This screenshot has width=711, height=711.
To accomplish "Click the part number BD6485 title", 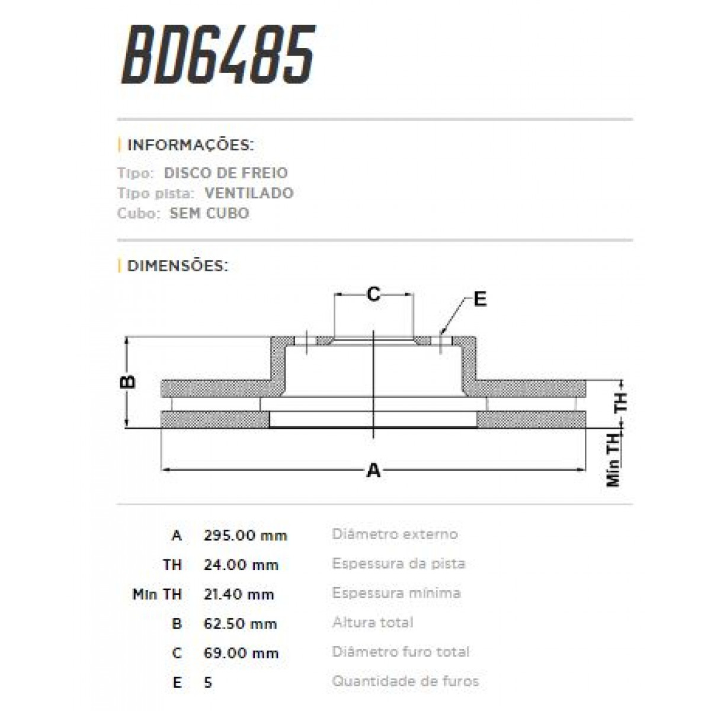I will (x=217, y=55).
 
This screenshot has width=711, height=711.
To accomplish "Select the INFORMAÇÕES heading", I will (x=190, y=145).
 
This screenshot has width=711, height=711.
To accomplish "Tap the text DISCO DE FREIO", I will (x=225, y=173).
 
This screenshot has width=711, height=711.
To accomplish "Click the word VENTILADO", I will (x=249, y=193).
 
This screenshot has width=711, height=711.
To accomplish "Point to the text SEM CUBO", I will (x=209, y=213).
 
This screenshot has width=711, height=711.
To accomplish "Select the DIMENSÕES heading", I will (x=177, y=265).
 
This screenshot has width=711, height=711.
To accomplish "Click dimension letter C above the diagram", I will (x=373, y=294).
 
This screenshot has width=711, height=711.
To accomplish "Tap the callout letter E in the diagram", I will (x=480, y=300).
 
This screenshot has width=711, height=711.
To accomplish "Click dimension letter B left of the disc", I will (x=128, y=382).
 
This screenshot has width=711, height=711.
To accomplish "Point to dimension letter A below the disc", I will (x=373, y=470).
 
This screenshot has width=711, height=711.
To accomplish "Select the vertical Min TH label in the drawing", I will (x=614, y=459).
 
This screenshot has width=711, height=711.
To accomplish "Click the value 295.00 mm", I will (x=245, y=536).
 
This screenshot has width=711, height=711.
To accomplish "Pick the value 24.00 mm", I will (x=241, y=565).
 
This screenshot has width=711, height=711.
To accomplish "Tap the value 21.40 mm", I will (x=239, y=594).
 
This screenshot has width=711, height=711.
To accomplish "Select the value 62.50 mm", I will (x=240, y=624).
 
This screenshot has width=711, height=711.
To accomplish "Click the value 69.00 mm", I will (x=241, y=654).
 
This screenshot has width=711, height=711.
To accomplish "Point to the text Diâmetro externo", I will (x=395, y=534).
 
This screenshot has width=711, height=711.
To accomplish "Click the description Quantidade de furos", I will (x=405, y=681).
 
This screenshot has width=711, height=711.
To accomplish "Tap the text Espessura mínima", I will (x=396, y=593).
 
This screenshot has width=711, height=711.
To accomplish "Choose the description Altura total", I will (x=373, y=623).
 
